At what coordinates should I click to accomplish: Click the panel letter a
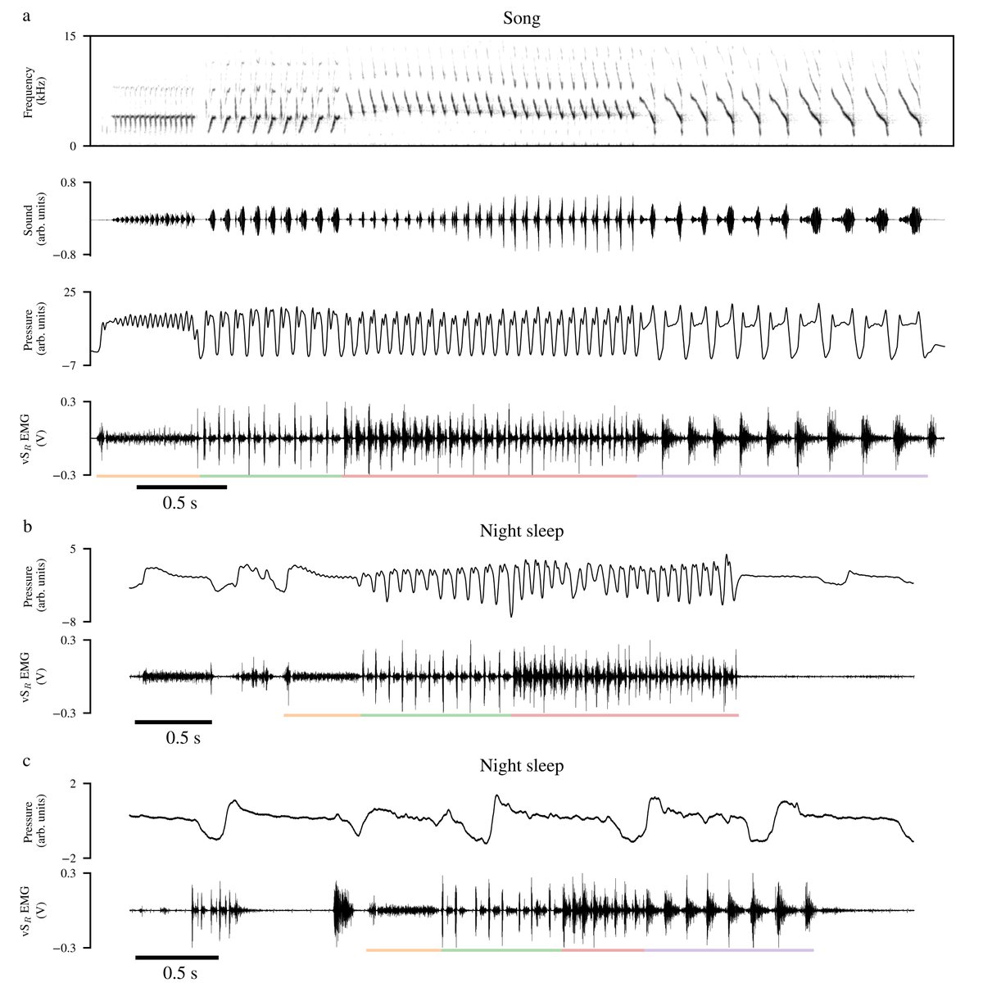coord(26,17)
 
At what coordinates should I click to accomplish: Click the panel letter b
coord(28,526)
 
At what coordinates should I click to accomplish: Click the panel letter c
coord(26,762)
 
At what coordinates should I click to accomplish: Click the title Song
coord(521,19)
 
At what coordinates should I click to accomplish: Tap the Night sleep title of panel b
coord(521,531)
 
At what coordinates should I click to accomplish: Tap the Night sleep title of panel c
coord(521,766)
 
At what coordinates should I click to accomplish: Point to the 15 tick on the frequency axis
coord(70,36)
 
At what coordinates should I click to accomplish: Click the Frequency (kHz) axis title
coord(34,93)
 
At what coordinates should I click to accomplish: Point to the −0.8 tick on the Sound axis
coord(64,255)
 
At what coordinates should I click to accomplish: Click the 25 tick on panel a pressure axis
coord(70,292)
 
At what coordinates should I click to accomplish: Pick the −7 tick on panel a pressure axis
coord(67,365)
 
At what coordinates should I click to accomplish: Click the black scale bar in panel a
coord(182,487)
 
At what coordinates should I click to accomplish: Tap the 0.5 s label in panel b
coord(183,738)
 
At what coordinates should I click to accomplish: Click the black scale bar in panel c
coord(177,958)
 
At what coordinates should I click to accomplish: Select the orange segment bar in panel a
coord(148,476)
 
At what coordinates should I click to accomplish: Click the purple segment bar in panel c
coord(729,950)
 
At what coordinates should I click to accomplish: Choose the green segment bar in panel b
coord(436,715)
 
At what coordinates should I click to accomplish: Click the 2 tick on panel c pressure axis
coord(72,784)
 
